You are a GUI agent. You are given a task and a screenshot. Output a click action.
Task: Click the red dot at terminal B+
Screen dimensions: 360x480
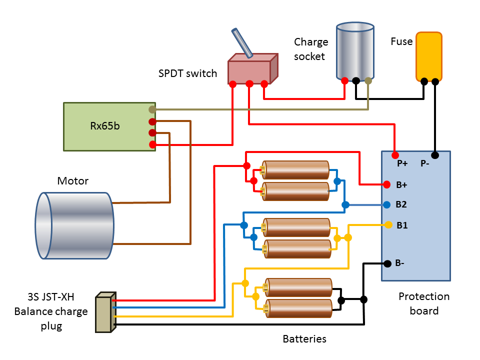(x=386, y=184)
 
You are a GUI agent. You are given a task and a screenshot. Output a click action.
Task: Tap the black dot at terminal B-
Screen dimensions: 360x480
(x=386, y=263)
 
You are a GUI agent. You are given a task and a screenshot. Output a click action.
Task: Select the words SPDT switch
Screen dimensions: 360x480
(x=187, y=74)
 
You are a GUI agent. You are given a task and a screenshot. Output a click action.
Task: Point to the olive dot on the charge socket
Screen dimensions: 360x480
(x=368, y=80)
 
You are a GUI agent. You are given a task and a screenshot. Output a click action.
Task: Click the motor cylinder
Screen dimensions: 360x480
(x=75, y=225)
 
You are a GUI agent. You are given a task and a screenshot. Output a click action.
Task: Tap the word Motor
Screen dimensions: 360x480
(x=72, y=181)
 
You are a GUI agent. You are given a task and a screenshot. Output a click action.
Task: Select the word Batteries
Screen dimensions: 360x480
(x=304, y=339)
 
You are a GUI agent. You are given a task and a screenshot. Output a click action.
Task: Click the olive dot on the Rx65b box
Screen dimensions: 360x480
(x=152, y=109)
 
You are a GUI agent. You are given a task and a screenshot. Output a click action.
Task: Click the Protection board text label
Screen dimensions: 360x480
(x=424, y=303)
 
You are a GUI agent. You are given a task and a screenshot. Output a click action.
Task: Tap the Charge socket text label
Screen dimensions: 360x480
(x=310, y=49)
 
